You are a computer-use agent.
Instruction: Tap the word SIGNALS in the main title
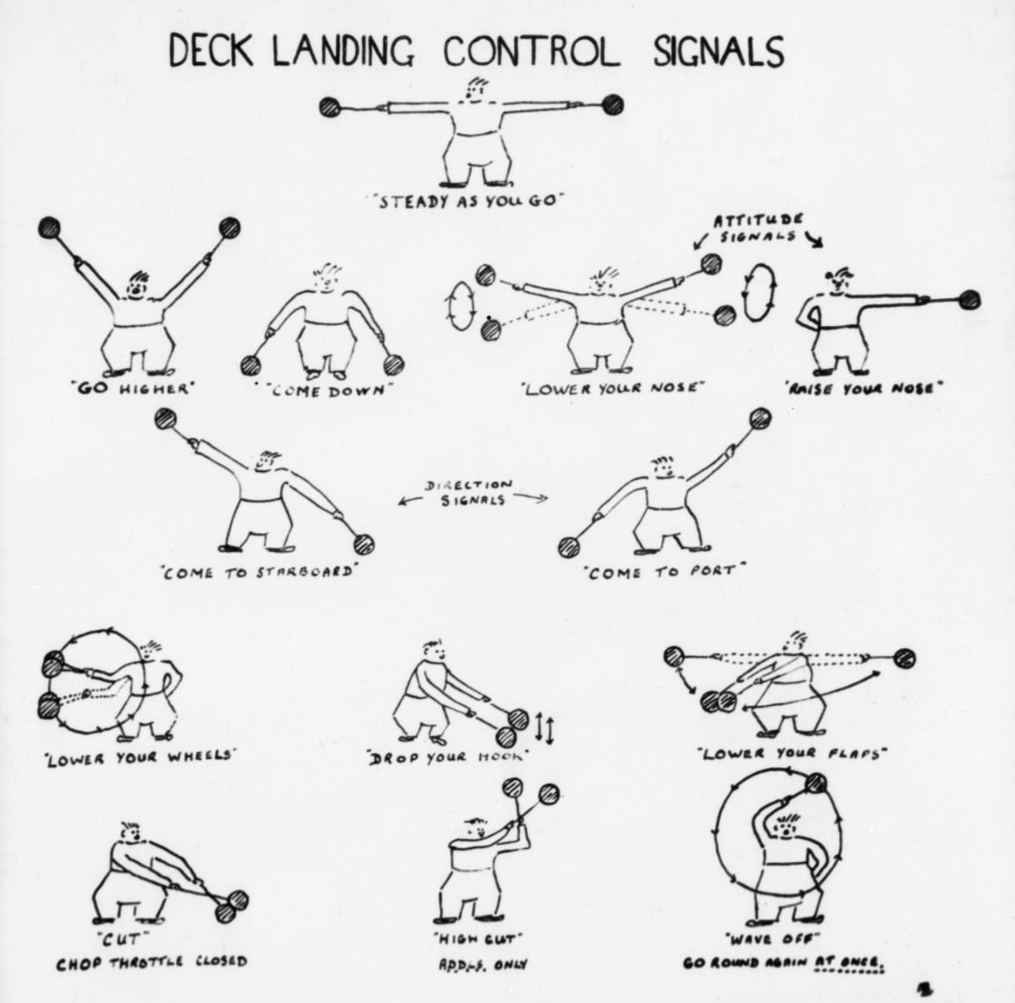pyautogui.click(x=719, y=52)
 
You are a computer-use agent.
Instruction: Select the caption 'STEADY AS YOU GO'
pyautogui.click(x=466, y=201)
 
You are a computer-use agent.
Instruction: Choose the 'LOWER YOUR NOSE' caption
pyautogui.click(x=613, y=388)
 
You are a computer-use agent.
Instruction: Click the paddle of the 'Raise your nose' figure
pyautogui.click(x=969, y=299)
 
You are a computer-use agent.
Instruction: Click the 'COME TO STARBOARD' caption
pyautogui.click(x=259, y=573)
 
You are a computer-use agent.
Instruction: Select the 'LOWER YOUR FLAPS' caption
pyautogui.click(x=792, y=753)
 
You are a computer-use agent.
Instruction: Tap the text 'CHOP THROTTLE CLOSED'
pyautogui.click(x=151, y=961)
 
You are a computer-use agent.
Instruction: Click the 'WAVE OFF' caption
pyautogui.click(x=774, y=939)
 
